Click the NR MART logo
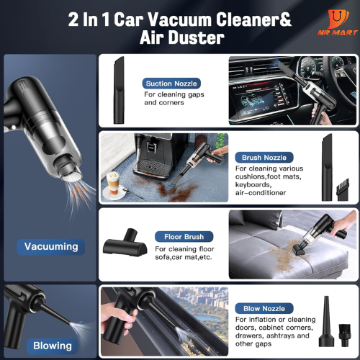[338, 22]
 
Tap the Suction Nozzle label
[171, 84]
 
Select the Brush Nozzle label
[264, 158]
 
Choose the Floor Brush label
[184, 237]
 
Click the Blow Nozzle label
[264, 308]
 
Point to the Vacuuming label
[51, 247]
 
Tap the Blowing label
[53, 346]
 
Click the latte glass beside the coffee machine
[113, 183]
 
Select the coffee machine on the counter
[153, 156]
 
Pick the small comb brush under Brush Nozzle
[343, 189]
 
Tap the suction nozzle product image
[119, 90]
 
